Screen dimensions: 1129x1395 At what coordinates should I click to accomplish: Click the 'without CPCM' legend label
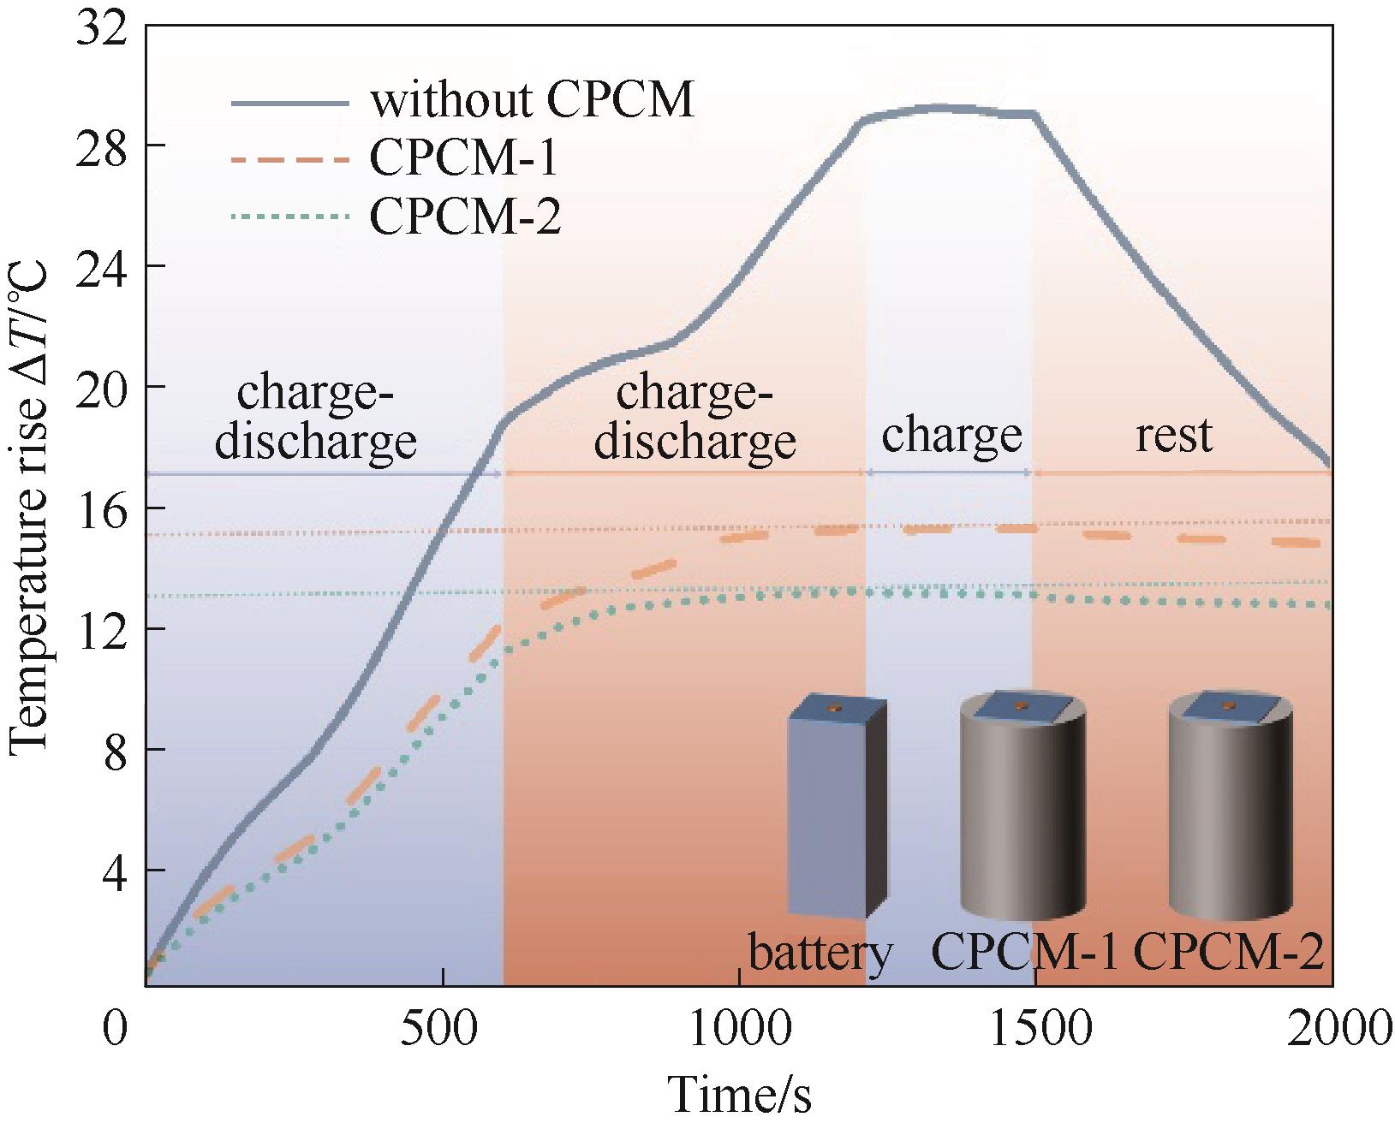pos(531,101)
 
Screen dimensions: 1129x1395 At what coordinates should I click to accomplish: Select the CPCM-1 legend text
pos(465,158)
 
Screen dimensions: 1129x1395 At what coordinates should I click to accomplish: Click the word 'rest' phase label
pos(1174,435)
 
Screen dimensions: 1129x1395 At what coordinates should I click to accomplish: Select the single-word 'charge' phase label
pos(951,435)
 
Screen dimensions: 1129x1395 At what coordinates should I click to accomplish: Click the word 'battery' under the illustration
pos(820,952)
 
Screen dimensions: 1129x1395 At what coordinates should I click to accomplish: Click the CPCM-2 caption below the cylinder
pos(1230,952)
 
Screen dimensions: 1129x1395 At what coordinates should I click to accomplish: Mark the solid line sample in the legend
pos(290,102)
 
